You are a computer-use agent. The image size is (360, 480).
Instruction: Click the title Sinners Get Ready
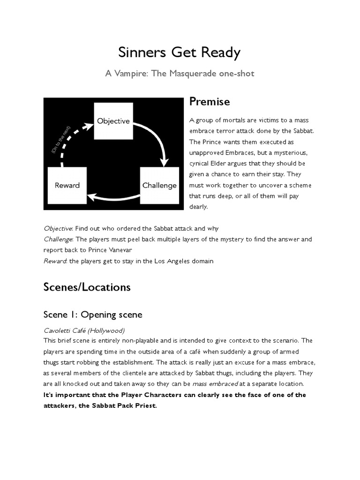pos(180,52)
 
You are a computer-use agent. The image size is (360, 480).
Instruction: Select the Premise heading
pos(209,102)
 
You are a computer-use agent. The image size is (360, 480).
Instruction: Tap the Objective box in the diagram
pos(113,121)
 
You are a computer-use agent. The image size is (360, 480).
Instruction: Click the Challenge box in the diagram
pos(159,185)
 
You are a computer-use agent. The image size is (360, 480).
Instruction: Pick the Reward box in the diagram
pos(67,185)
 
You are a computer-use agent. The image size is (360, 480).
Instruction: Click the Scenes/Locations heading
pos(87,287)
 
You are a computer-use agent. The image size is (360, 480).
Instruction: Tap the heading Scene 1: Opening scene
pos(93,314)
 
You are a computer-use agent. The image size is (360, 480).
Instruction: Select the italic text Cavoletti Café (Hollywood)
pos(84,330)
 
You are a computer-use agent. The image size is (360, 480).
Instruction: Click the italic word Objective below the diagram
pos(58,228)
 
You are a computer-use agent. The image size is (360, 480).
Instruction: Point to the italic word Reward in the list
pos(55,261)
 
